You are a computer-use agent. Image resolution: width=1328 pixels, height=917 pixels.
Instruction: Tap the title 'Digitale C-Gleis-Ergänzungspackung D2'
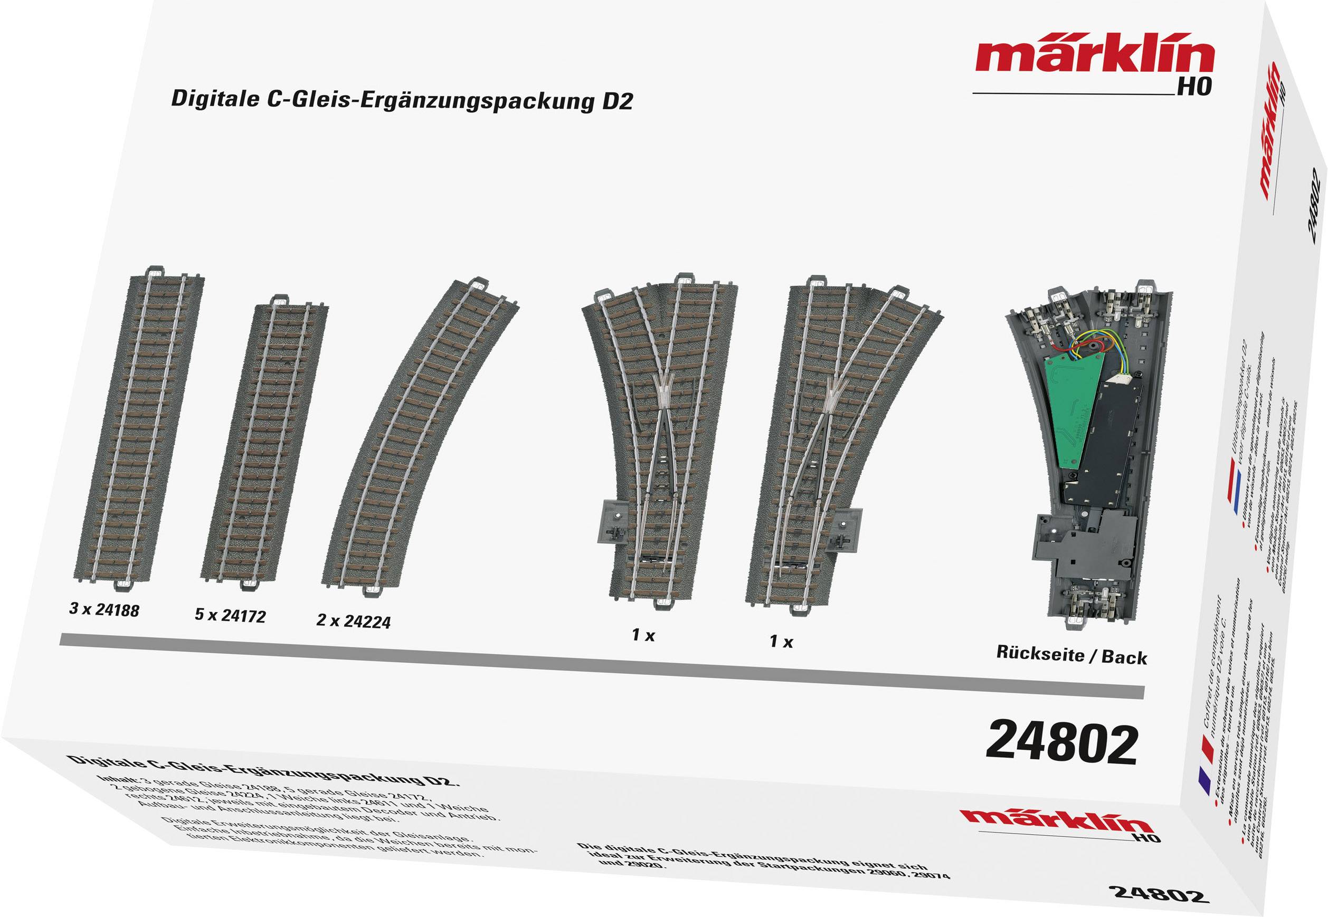402,100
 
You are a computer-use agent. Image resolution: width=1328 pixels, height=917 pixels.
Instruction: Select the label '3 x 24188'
104,609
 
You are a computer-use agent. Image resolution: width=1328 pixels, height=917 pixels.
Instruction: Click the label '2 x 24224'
354,621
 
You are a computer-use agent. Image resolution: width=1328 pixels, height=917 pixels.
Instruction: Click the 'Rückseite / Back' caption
1071,656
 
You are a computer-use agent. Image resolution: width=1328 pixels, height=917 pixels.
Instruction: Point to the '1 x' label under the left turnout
643,635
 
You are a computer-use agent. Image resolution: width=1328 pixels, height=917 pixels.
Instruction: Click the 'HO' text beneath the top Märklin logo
1194,86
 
